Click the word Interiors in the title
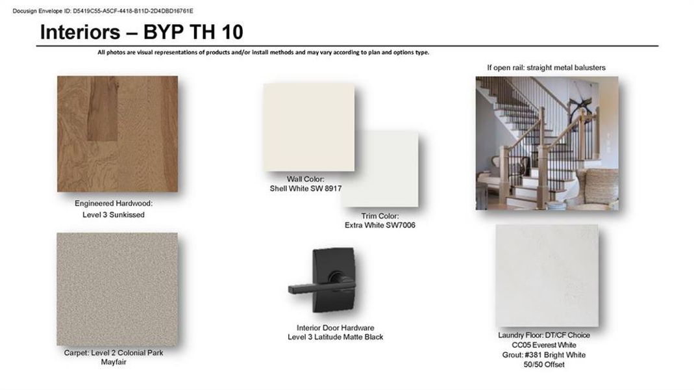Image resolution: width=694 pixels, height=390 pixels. pos(80,32)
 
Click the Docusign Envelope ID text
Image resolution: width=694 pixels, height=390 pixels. pos(103,10)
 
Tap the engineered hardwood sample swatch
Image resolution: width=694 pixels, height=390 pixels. pos(118,134)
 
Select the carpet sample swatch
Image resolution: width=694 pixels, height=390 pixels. pos(118,289)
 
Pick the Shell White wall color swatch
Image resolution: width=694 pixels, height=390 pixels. pos(309,127)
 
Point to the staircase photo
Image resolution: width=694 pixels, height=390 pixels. pos(547,143)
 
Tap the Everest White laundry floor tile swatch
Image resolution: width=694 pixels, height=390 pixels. pos(547,276)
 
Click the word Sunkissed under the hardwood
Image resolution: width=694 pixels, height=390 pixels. pos(127,215)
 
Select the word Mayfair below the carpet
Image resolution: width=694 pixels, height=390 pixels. pos(114,362)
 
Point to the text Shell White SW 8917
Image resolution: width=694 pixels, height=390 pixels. pos(306,188)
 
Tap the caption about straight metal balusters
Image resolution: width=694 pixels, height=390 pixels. pos(546,68)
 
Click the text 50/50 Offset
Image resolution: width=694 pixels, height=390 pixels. pos(544,365)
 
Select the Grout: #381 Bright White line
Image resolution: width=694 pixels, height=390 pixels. pos(544,355)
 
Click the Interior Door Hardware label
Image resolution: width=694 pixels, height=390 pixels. pos(336,328)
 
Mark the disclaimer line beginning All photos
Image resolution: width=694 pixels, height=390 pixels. pos(264,52)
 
